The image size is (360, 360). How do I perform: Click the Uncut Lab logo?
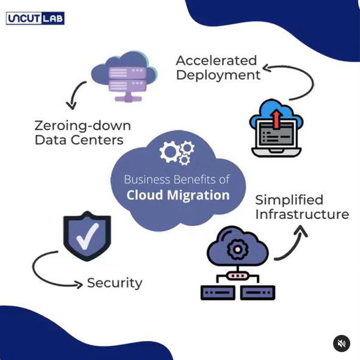tap(35, 18)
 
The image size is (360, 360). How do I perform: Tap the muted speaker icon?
tap(342, 344)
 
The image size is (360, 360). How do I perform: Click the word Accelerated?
tap(216, 60)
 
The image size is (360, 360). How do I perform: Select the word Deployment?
tap(218, 76)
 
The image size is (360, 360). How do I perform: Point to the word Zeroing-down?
tap(82, 126)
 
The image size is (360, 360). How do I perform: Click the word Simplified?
tap(289, 200)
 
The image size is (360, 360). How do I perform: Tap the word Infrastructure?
tap(302, 214)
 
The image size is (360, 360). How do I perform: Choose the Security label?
tap(115, 283)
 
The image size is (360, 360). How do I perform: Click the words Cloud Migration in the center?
tap(178, 195)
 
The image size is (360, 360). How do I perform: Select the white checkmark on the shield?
tap(87, 236)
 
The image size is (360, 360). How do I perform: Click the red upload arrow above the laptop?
tap(277, 120)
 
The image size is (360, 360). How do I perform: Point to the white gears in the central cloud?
tap(177, 153)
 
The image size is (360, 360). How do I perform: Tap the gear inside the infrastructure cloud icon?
tap(237, 249)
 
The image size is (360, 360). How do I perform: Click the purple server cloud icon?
tap(124, 76)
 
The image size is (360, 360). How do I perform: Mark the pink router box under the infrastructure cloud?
tap(237, 275)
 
